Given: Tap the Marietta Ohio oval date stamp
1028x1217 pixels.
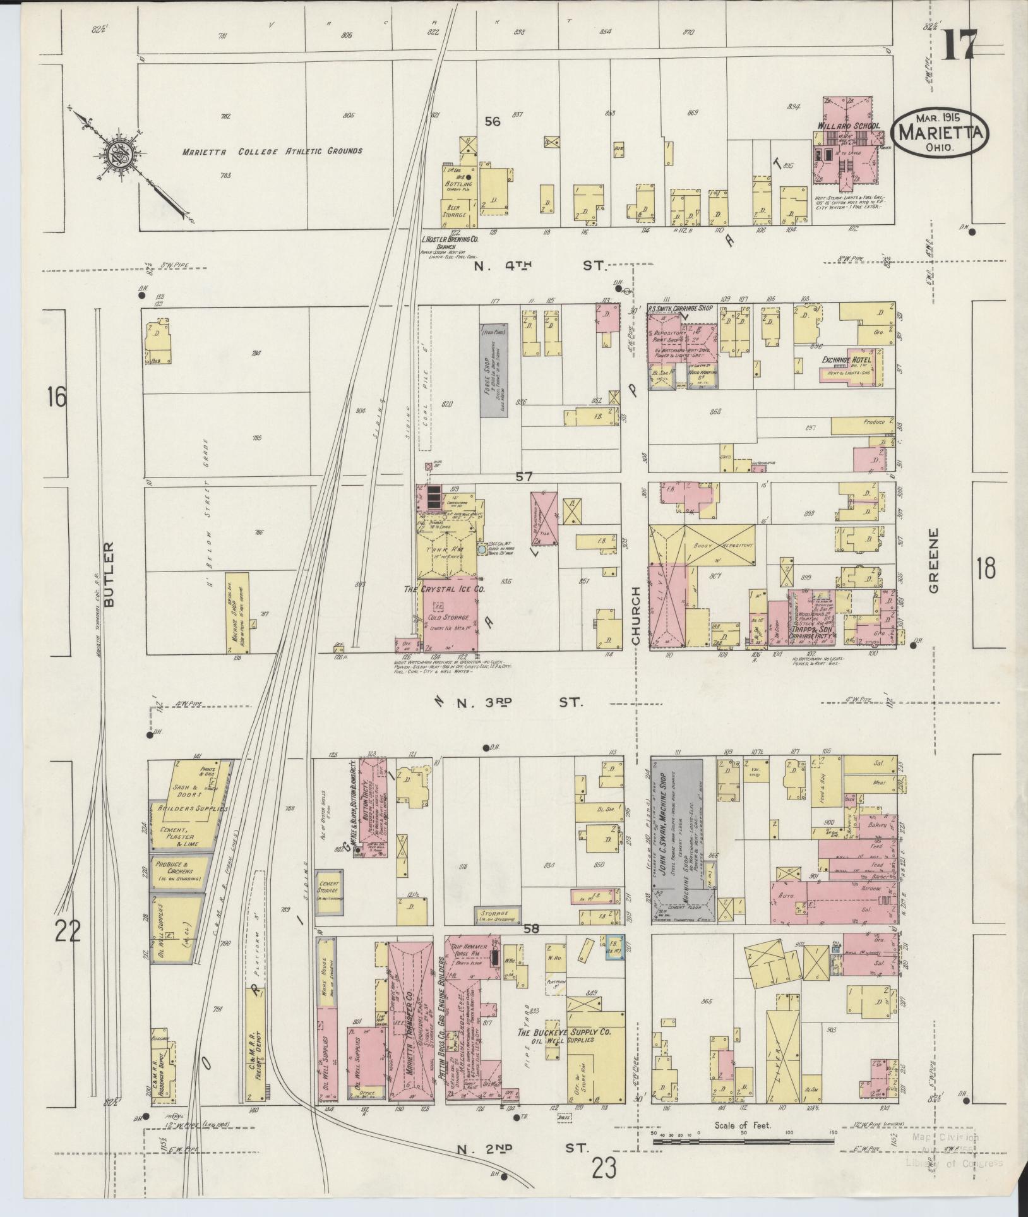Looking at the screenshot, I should [x=940, y=133].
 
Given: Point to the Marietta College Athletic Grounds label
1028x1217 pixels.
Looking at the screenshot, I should [x=272, y=152].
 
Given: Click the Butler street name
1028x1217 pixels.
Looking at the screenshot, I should [x=112, y=574].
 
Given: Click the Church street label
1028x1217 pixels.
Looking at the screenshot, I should [x=636, y=616].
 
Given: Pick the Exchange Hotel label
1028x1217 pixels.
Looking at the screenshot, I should [x=846, y=360].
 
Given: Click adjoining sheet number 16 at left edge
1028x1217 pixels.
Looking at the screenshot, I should [x=56, y=397].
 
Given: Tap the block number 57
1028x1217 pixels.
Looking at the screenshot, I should [x=523, y=477].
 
